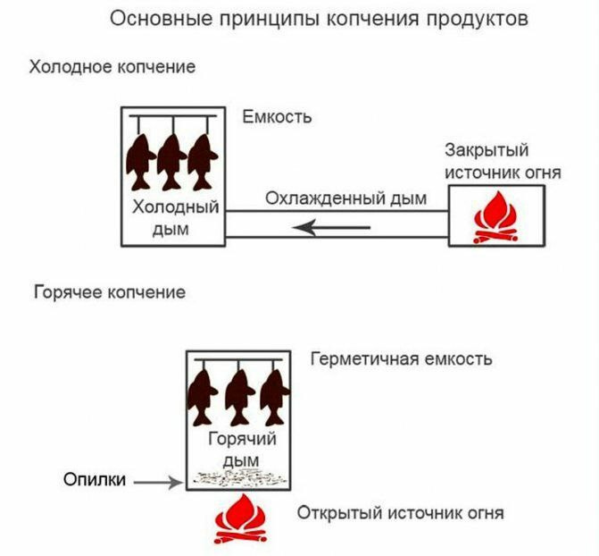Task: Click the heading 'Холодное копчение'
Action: (x=112, y=67)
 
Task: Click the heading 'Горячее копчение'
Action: (x=109, y=292)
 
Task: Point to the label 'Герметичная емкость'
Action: (x=401, y=359)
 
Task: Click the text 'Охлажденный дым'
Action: (x=345, y=198)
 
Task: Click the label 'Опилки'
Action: (x=89, y=481)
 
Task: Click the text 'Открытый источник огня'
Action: (x=401, y=513)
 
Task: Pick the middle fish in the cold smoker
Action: (x=171, y=160)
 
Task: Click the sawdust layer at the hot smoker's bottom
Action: (x=237, y=478)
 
